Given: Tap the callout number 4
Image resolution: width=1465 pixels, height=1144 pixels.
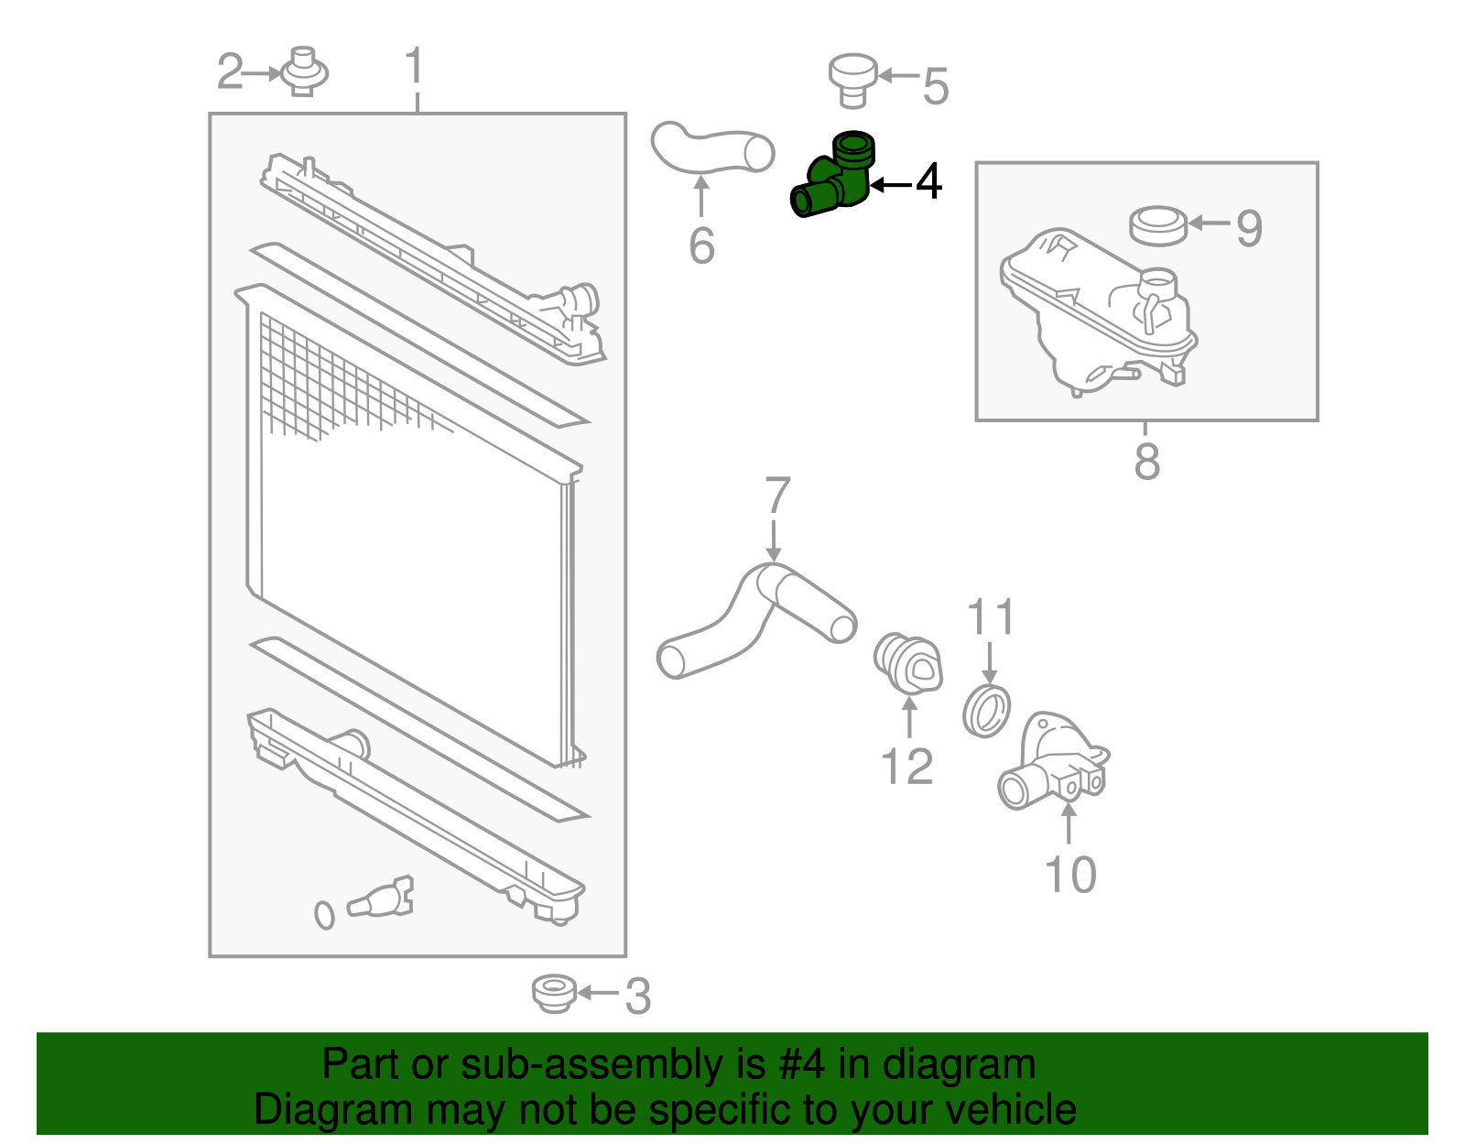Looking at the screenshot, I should (928, 181).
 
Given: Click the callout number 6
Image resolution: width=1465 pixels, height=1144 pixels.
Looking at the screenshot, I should (701, 245).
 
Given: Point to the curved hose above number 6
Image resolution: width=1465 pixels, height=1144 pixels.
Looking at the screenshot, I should (711, 148).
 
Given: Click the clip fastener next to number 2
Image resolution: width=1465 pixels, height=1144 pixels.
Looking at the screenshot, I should (304, 71).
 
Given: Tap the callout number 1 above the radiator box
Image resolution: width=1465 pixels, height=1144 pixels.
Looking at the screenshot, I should (415, 67).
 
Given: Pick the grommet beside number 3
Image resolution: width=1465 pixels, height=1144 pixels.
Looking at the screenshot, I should (554, 993).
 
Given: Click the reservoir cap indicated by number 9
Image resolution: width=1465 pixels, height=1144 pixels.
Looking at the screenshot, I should (1158, 226).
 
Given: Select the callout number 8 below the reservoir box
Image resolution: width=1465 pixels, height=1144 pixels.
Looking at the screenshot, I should (1146, 462).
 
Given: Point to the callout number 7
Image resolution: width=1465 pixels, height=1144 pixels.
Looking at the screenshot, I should (776, 496).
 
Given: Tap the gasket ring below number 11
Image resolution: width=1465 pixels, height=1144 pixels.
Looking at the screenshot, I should (987, 710).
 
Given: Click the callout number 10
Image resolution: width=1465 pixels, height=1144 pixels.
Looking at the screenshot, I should (1069, 875).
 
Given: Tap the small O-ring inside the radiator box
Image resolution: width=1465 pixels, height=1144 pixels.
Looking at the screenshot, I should (324, 914).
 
